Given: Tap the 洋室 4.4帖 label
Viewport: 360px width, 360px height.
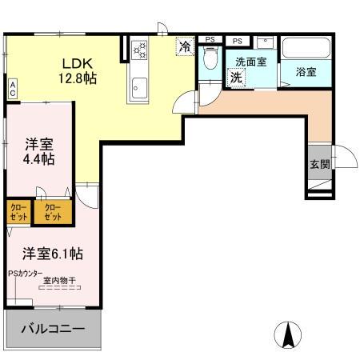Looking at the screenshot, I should pos(38,151).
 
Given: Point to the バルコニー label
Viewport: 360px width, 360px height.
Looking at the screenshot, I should pos(53,329).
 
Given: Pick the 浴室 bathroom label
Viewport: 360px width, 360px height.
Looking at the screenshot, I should pos(306,72).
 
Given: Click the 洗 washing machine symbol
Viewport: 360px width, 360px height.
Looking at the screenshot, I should pos(237,78).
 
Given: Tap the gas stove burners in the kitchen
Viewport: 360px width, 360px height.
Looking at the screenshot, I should pos(141,50).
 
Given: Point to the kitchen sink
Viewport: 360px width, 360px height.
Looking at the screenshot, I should pos(139,85).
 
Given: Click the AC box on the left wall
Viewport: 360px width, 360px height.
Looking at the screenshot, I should pos(13,87).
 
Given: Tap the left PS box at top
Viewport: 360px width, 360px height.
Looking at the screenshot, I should pos(210,39).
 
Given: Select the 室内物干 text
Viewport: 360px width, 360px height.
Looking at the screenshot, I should pos(59,281).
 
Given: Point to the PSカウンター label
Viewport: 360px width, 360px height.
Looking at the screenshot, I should pos(26,274).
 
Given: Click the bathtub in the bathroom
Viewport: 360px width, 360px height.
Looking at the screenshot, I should pos(306,49).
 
